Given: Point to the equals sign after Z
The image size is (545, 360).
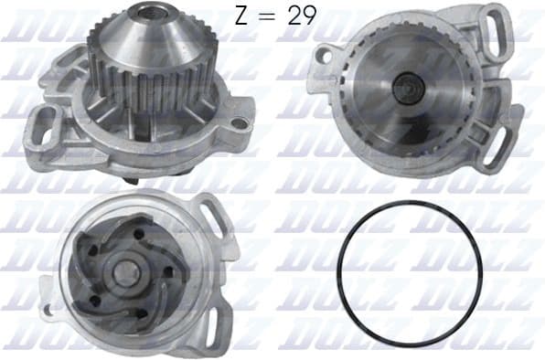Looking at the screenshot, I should (x=277, y=16).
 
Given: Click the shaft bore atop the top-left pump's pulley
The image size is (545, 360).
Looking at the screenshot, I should (x=147, y=12).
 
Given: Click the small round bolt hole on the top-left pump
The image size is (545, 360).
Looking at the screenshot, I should (x=241, y=122).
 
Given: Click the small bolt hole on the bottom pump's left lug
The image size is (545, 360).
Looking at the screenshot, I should (x=48, y=310).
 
